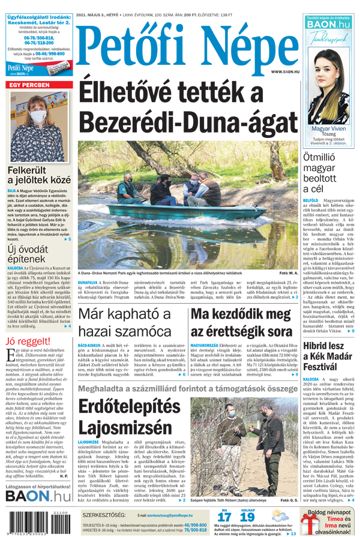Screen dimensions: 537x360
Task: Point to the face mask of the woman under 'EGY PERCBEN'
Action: coord(38,116)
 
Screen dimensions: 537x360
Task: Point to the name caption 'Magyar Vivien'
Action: coord(329,129)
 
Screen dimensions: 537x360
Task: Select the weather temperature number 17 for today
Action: coord(224,517)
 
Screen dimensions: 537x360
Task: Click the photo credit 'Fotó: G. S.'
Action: coord(288,500)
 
